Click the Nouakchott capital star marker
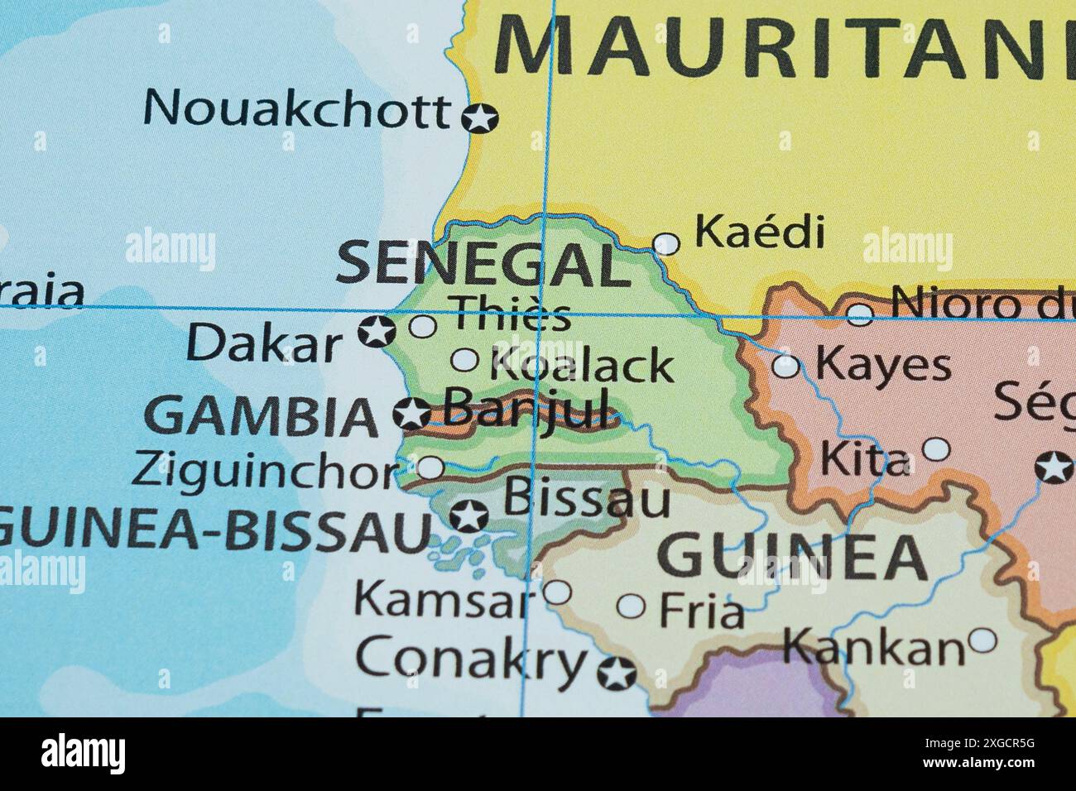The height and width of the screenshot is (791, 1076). (478, 117)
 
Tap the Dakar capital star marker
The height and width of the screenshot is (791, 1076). (377, 332)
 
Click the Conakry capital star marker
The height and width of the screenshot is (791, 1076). (617, 674)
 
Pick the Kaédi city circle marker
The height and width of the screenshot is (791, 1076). (666, 243)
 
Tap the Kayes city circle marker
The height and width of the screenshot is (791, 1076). (785, 366)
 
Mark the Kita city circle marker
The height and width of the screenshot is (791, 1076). (936, 449)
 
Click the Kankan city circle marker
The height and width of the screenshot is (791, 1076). (982, 640)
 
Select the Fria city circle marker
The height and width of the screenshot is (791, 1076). (632, 606)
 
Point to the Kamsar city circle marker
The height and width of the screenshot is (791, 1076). (557, 592)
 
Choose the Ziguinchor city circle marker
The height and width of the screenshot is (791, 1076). (430, 467)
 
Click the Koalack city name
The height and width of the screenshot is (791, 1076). (582, 365)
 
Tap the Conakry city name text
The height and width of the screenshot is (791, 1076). (470, 659)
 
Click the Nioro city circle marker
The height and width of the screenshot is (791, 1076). (860, 314)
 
